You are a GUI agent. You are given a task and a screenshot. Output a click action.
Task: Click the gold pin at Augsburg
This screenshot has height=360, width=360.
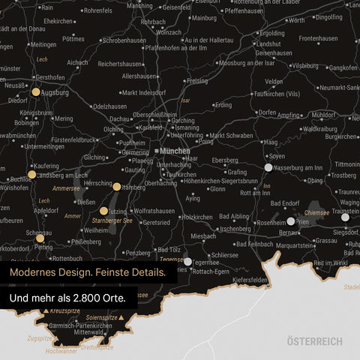click(x=35, y=92)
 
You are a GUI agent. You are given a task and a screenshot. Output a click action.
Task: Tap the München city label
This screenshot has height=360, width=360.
click(x=175, y=151)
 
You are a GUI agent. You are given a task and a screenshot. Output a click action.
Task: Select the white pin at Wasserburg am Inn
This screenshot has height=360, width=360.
click(x=268, y=167)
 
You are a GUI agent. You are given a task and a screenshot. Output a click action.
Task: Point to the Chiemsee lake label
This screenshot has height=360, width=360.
click(x=316, y=213)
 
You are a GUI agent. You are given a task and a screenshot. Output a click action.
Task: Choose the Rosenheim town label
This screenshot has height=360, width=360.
click(x=271, y=223)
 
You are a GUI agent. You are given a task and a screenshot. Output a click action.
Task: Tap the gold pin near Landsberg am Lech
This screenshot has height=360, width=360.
click(x=31, y=174)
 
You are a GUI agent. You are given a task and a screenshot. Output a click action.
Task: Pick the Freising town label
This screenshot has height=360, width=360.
click(x=196, y=80)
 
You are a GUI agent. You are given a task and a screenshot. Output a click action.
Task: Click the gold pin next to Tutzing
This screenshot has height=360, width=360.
click(x=103, y=211)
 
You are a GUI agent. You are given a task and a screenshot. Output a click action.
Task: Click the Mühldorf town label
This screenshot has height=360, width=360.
click(x=323, y=115)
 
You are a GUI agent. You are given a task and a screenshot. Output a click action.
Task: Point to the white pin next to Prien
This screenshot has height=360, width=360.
click(x=291, y=221)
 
